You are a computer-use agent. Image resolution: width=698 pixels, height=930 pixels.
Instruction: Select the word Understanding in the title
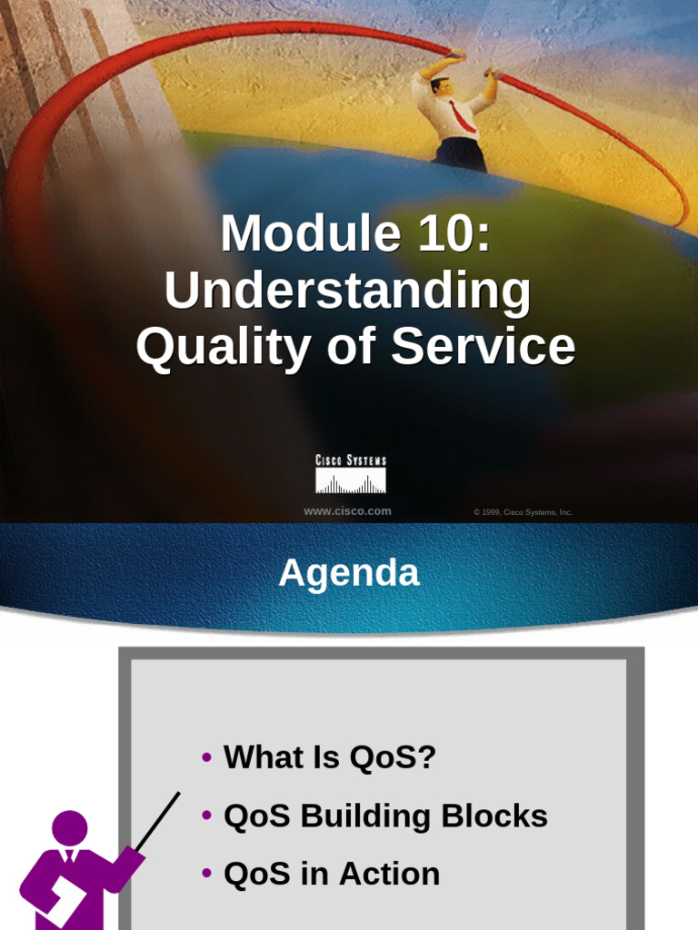coord(348,291)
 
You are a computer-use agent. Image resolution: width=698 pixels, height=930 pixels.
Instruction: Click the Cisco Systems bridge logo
coord(350,475)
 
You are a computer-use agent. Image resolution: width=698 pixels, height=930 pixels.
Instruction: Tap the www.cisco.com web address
coord(347,511)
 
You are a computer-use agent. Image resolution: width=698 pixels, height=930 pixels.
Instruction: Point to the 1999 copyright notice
coord(523,512)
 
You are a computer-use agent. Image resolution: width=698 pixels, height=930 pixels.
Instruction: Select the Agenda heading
coord(349,573)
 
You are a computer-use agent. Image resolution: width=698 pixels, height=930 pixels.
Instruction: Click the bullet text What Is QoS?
coord(330,757)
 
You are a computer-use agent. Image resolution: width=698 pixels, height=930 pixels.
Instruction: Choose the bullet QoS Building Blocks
coord(385,816)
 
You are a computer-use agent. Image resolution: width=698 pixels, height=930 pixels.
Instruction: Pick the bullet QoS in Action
coord(332,874)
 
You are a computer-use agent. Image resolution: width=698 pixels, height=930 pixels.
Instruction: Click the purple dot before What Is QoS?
coord(207,757)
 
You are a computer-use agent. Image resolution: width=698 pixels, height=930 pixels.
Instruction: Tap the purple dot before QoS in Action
coord(207,875)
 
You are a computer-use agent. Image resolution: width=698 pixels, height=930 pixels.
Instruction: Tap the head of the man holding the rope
coord(441,86)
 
